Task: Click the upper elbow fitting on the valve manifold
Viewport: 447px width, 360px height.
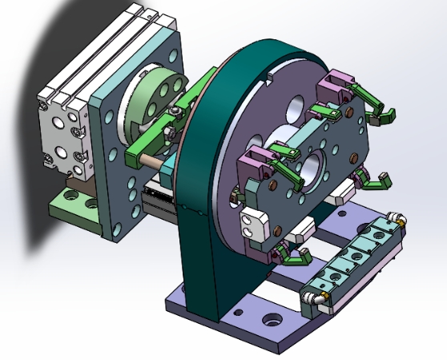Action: [x=396, y=217]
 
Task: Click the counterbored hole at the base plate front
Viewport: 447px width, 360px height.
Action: [x=273, y=320]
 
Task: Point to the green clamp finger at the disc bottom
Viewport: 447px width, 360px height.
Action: [x=297, y=257]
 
